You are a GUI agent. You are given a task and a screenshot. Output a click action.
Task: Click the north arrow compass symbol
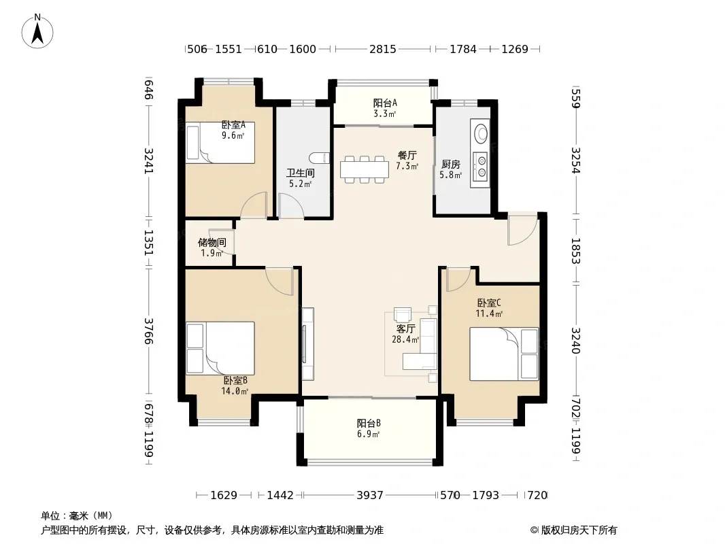(x=37, y=31)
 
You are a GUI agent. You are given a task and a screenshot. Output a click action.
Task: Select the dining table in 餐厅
(x=365, y=169)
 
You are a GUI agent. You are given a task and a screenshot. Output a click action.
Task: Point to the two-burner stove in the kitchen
(x=481, y=167)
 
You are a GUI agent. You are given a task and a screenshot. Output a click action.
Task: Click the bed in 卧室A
(x=220, y=142)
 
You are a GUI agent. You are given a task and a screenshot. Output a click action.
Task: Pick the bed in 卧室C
(x=504, y=354)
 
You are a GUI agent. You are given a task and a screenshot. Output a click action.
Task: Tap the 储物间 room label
(x=212, y=242)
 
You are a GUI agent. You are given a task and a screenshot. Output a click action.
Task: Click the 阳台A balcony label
(x=385, y=103)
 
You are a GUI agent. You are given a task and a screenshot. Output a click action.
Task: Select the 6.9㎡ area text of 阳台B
(x=368, y=434)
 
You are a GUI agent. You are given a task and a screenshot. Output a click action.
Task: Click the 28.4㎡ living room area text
(x=405, y=339)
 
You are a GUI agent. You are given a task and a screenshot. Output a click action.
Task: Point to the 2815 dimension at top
(x=382, y=49)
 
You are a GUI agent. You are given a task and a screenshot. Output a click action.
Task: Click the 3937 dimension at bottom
(x=370, y=496)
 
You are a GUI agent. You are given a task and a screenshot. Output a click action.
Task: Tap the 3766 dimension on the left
(x=148, y=331)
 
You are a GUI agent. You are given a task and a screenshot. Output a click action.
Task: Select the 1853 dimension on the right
(x=575, y=251)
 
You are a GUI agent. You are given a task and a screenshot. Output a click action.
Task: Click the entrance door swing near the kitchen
(x=523, y=228)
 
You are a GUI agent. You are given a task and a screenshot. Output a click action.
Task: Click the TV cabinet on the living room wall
(x=307, y=344)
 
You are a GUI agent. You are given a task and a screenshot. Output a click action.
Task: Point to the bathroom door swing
(x=290, y=205)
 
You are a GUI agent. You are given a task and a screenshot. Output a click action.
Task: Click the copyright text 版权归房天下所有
(x=579, y=530)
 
